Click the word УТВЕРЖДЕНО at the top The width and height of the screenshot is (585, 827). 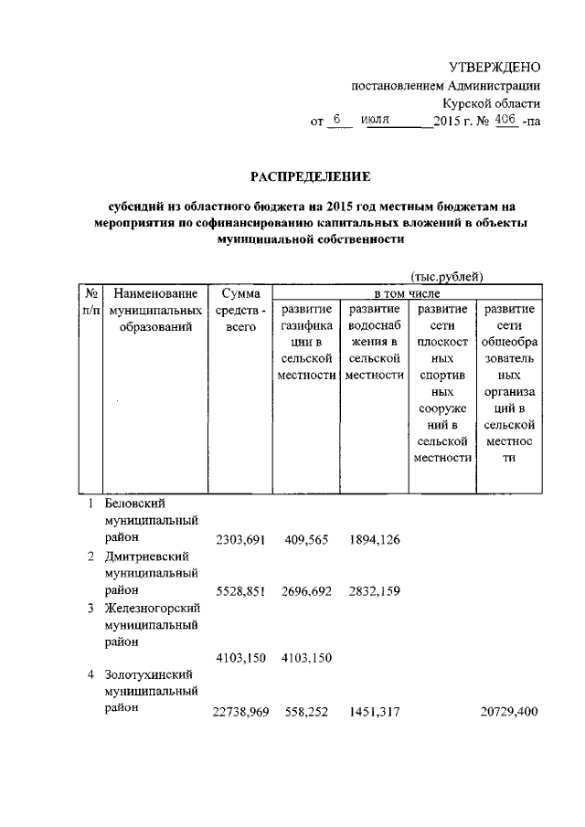click(x=494, y=67)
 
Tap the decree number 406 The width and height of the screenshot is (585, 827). click(x=505, y=120)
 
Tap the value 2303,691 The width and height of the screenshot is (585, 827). click(x=239, y=540)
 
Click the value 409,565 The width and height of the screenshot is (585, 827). click(x=305, y=540)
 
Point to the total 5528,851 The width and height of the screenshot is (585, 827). click(x=239, y=591)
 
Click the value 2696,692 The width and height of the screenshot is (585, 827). click(x=305, y=591)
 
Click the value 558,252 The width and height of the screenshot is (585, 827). click(x=305, y=711)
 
